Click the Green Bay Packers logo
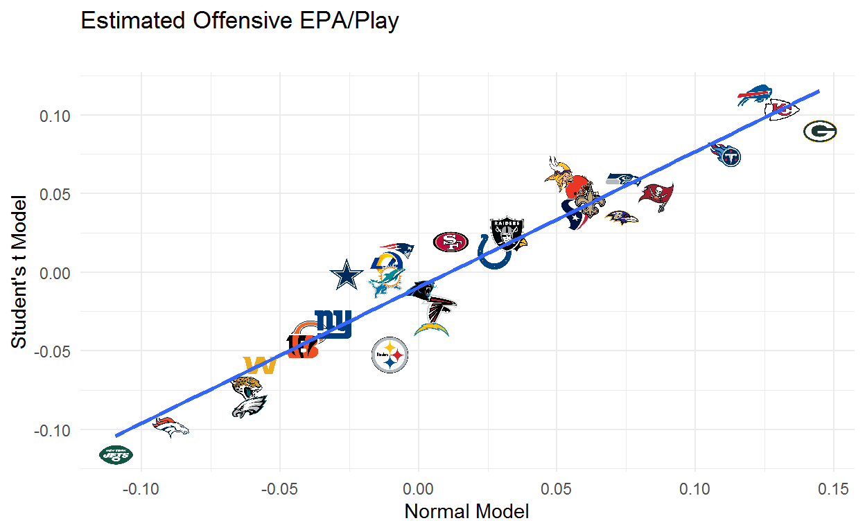tap(820, 131)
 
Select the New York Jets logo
tap(116, 455)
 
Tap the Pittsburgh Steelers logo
tap(390, 355)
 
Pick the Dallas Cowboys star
tap(345, 275)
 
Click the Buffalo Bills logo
tap(753, 97)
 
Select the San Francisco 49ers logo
tap(451, 242)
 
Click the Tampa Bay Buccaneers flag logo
tap(656, 197)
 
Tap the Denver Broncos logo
tap(170, 427)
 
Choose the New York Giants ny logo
tap(333, 323)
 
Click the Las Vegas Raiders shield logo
tap(506, 232)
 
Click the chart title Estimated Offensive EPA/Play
tap(240, 21)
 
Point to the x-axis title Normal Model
tap(466, 512)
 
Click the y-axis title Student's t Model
tap(19, 273)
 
